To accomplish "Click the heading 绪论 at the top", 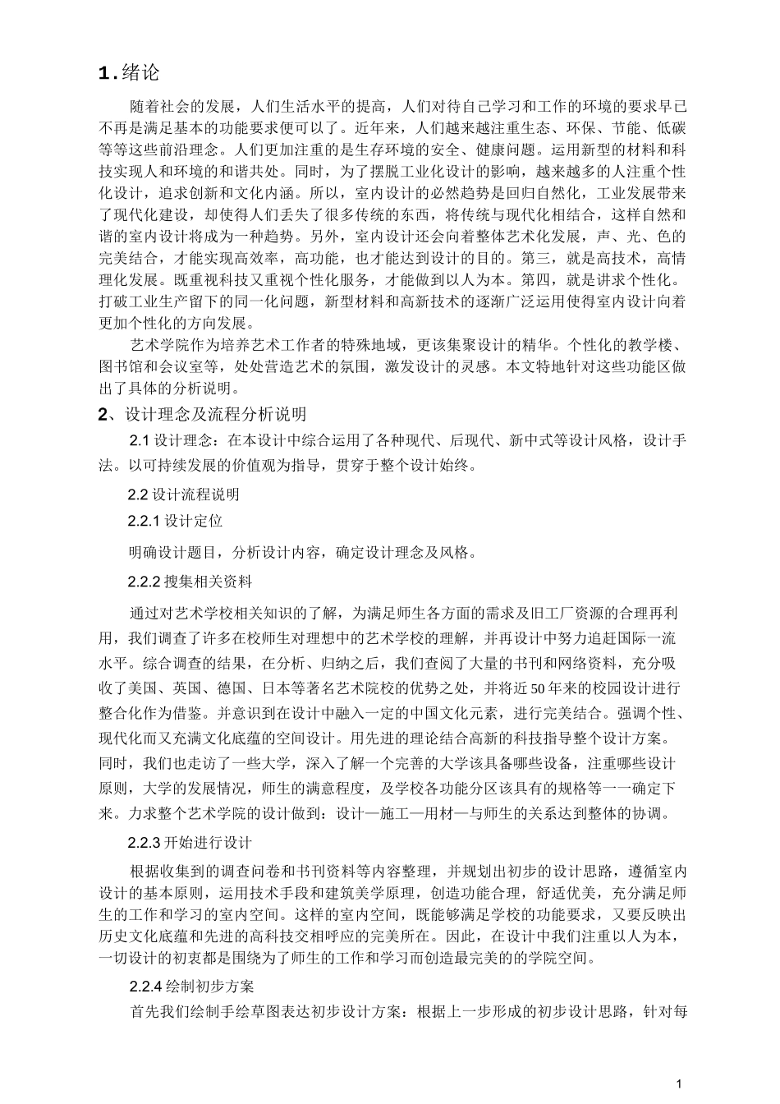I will pyautogui.click(x=140, y=72).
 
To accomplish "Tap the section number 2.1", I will pyautogui.click(x=140, y=441).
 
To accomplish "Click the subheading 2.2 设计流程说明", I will pyautogui.click(x=184, y=494).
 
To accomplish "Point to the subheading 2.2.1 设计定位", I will pyautogui.click(x=175, y=521).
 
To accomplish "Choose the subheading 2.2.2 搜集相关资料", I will pyautogui.click(x=190, y=582).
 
